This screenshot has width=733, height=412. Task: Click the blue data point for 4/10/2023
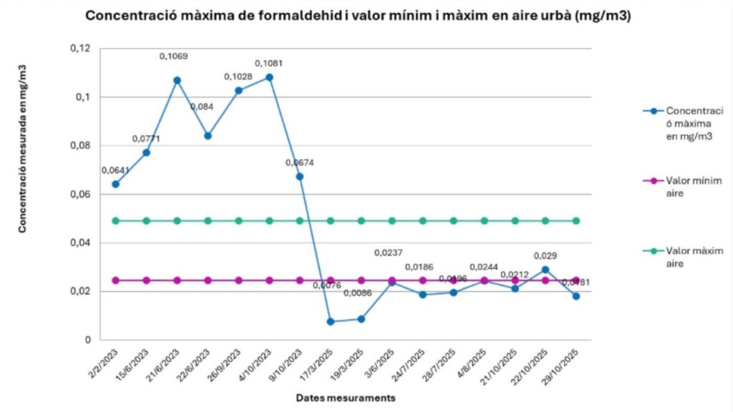tap(269, 77)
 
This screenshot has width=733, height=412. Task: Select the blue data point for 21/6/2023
tap(177, 80)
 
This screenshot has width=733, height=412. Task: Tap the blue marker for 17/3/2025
tap(331, 321)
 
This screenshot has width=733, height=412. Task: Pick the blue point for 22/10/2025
tap(545, 270)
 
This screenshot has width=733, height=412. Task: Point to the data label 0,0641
tap(115, 170)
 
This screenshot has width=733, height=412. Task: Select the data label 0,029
tap(545, 256)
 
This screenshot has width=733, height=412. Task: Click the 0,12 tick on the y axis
tap(81, 48)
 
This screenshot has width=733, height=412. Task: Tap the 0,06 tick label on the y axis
tap(81, 194)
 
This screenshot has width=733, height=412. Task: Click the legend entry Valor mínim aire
tap(688, 188)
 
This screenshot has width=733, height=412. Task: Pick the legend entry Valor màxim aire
tap(688, 257)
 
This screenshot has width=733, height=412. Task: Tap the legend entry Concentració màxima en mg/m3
tap(688, 124)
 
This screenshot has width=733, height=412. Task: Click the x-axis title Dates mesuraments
tap(345, 398)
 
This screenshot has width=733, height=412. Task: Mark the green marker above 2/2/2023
tap(115, 220)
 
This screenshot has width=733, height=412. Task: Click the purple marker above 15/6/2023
tap(146, 280)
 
